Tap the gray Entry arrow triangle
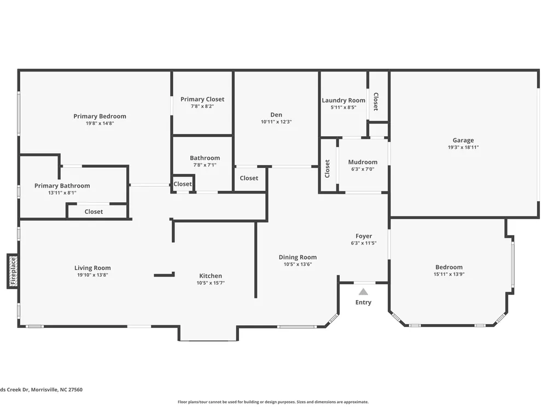point(363,292)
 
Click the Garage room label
point(463,140)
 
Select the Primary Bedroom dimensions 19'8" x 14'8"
point(100,123)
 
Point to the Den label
point(276,115)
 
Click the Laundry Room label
point(344,101)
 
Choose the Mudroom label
point(363,162)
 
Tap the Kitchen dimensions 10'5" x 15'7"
point(211,283)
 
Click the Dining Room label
point(298,257)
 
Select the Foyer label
point(364,236)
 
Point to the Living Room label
point(92,268)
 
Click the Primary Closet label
point(202,99)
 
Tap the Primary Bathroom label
point(62,186)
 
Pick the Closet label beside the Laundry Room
point(376,102)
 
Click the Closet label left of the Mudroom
point(327,168)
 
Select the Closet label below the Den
point(249,178)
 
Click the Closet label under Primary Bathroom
point(94,212)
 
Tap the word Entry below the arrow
point(363,302)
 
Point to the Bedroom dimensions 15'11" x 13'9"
point(449,274)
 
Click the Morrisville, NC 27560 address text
point(57,390)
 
